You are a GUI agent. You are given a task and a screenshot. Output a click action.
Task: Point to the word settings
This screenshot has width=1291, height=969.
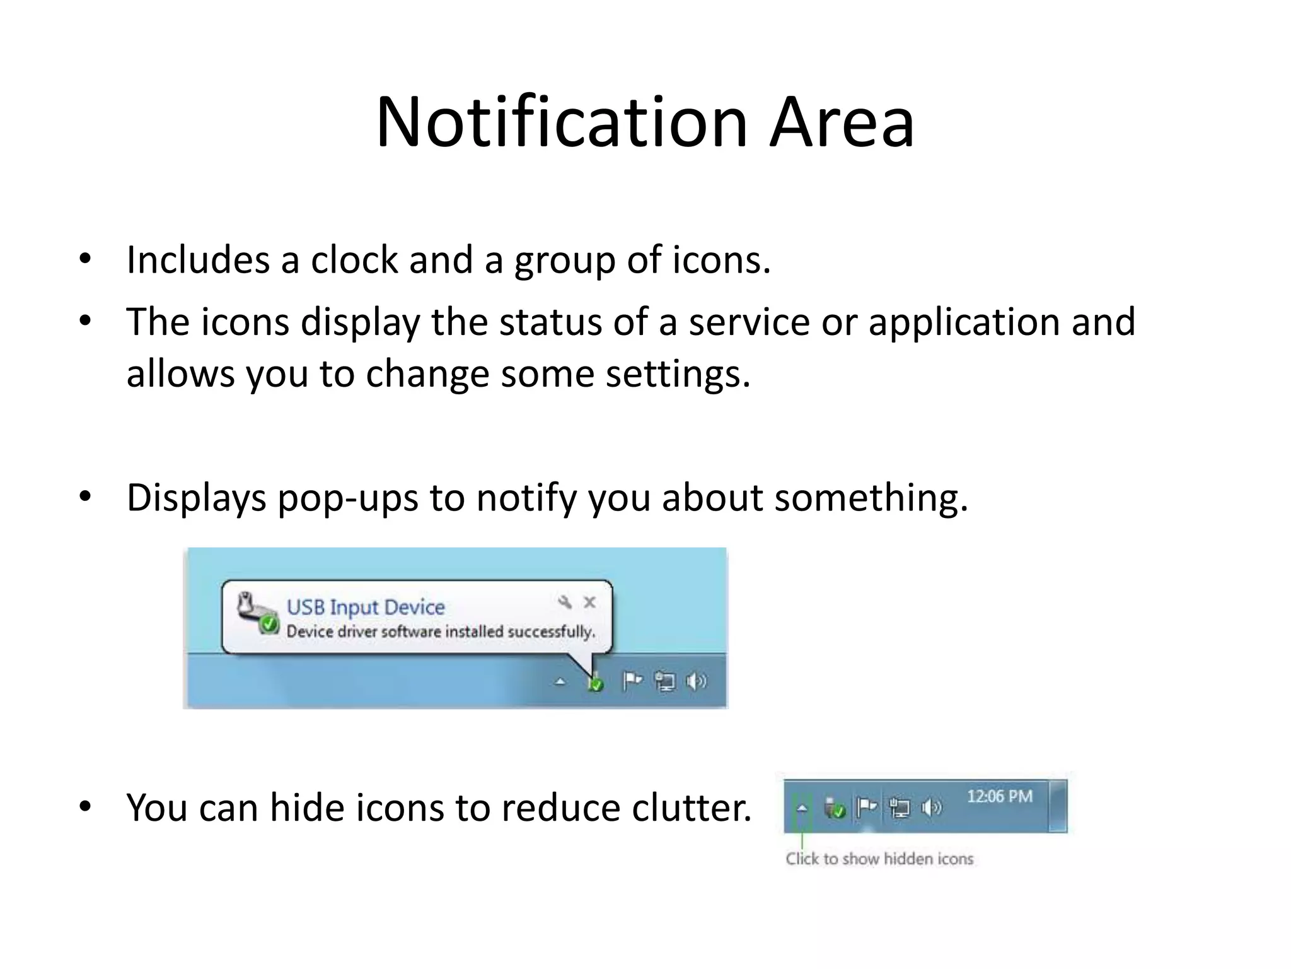678,373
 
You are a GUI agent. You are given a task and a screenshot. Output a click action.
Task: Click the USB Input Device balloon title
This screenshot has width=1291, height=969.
366,607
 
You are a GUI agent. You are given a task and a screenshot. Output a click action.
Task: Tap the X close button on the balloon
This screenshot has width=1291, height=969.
589,602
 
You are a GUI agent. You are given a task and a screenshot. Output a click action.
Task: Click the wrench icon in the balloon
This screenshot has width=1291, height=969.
565,602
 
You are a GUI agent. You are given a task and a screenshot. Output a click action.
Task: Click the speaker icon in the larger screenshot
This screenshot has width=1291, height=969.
696,681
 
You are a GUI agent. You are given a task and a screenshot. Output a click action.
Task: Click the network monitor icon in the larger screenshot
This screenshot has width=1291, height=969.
664,682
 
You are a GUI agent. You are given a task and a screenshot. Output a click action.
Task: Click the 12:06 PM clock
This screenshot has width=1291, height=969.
999,797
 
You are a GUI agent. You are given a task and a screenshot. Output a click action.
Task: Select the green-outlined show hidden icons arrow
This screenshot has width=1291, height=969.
802,808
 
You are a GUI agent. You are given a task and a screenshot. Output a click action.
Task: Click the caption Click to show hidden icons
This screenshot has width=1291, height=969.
879,859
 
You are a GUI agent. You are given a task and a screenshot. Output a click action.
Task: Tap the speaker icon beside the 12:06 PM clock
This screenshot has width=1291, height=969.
931,807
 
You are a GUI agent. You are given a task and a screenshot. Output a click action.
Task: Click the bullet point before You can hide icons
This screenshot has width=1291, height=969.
86,807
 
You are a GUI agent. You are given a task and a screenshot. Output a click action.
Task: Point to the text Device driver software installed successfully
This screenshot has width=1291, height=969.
441,631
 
